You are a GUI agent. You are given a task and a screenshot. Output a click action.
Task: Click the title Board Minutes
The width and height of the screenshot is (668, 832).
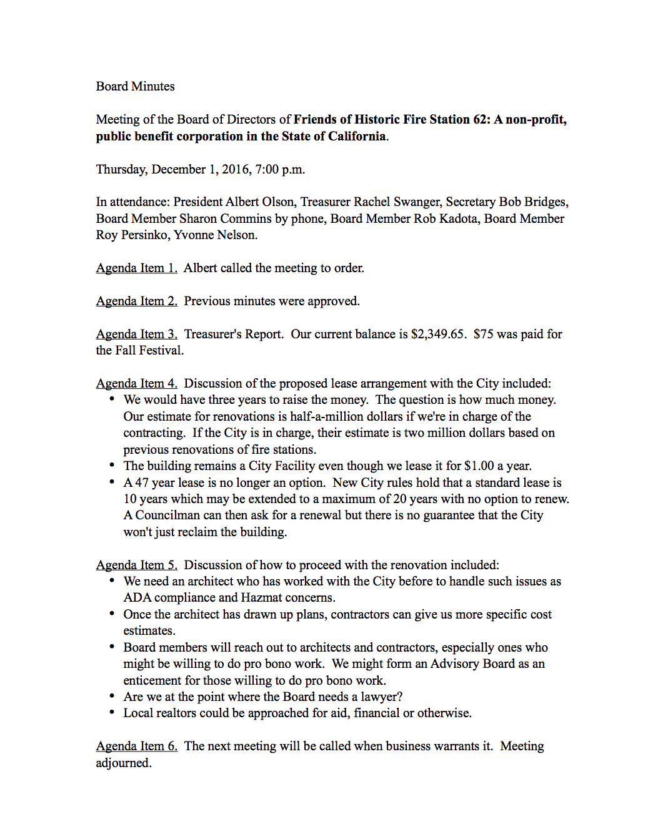click(135, 86)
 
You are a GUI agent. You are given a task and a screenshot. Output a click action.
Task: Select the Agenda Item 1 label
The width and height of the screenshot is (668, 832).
click(136, 268)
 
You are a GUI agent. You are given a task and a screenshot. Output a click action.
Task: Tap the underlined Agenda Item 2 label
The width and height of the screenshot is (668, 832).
click(136, 301)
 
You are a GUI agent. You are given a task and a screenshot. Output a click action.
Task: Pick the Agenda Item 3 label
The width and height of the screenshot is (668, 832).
click(136, 334)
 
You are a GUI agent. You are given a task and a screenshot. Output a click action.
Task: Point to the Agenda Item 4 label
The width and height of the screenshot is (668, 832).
click(136, 383)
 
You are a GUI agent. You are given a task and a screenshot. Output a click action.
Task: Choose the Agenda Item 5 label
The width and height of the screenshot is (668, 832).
click(136, 565)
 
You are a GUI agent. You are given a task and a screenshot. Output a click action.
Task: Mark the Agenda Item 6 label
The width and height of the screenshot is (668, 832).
click(136, 746)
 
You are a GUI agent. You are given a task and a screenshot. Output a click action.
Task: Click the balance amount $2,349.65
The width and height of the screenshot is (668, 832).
click(437, 334)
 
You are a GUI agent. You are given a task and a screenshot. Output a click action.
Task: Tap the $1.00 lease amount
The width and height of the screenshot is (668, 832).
click(479, 466)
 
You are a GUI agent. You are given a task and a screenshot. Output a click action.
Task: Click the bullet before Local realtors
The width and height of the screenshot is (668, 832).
click(112, 712)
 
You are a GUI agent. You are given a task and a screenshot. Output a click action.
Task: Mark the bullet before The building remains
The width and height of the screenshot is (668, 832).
click(112, 465)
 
